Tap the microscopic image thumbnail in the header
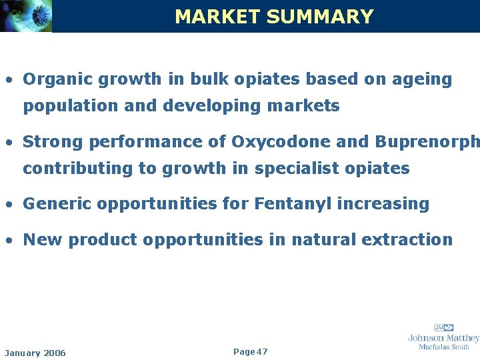(26, 16)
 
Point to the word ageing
(422, 79)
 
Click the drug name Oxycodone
(279, 142)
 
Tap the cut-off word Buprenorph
(427, 142)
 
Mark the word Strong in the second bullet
(53, 142)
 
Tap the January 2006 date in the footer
(35, 353)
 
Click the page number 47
(262, 351)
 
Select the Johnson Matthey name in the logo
(443, 338)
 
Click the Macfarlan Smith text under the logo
(444, 347)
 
